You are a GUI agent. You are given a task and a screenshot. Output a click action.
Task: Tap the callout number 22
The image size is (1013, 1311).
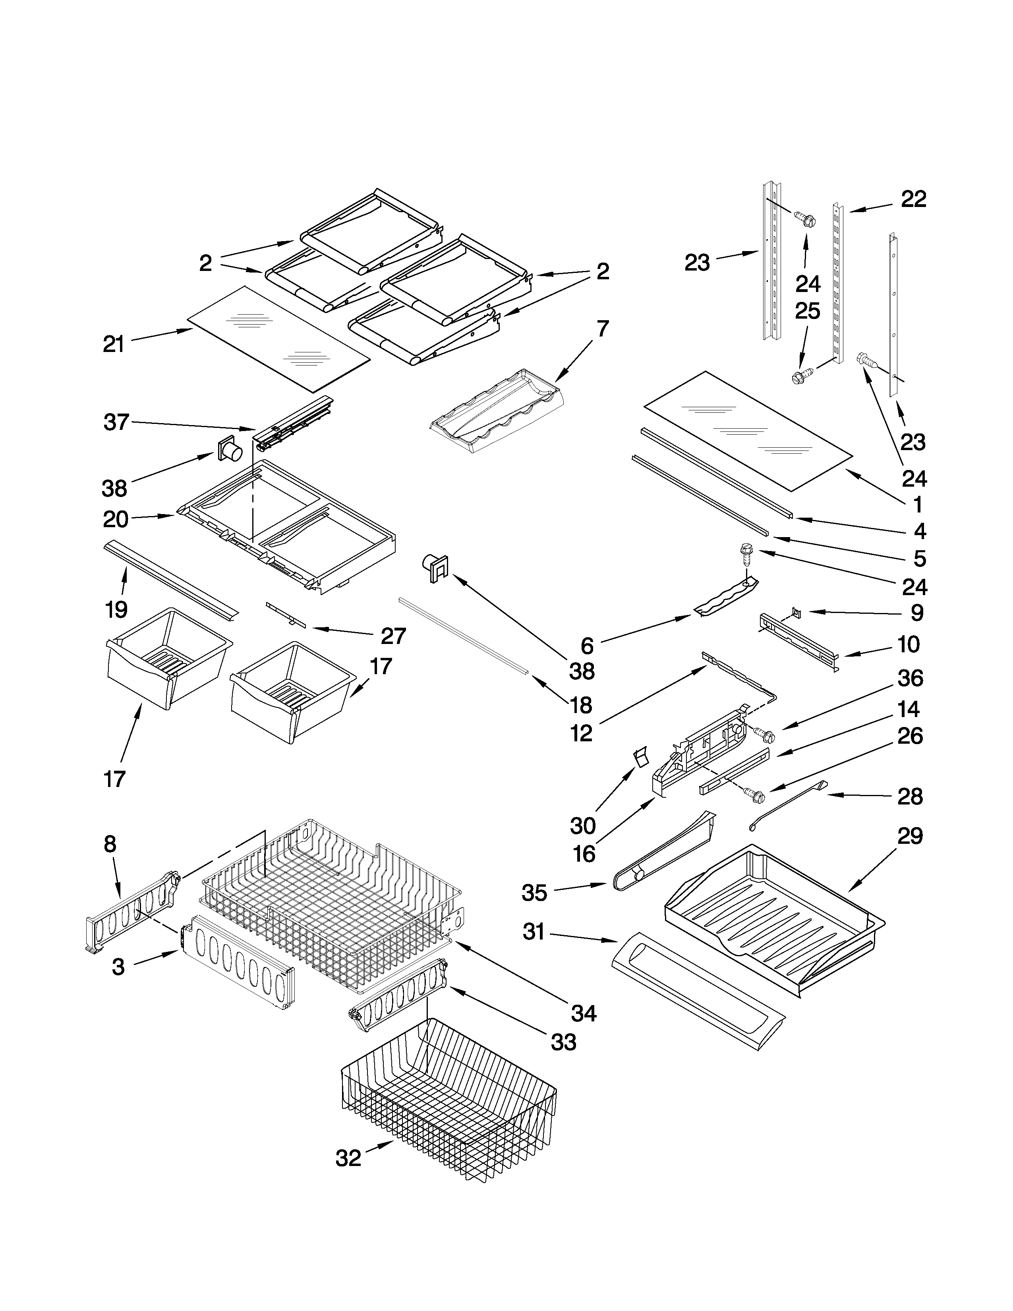point(913,199)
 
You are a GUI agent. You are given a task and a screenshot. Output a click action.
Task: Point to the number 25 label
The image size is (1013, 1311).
point(807,311)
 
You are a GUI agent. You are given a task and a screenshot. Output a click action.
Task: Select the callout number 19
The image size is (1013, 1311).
point(116,609)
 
